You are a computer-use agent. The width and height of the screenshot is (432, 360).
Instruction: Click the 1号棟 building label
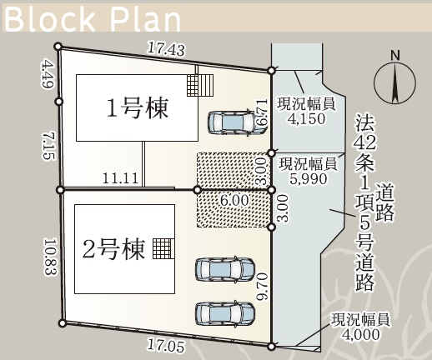tap(138, 108)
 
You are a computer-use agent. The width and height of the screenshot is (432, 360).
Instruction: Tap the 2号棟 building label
tap(114, 249)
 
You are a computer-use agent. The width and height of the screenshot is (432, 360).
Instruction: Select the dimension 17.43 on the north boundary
tap(166, 49)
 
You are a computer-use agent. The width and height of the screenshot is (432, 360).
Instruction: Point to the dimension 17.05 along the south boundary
tap(166, 345)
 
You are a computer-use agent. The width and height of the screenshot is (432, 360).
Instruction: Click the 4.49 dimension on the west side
tap(48, 75)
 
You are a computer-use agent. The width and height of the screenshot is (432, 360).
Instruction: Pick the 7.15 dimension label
tap(48, 146)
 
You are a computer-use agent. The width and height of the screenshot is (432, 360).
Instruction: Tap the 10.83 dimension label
tap(50, 256)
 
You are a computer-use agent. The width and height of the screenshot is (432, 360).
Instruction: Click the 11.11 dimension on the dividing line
tap(120, 178)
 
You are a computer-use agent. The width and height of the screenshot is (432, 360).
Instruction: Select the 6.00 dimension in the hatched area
tap(234, 200)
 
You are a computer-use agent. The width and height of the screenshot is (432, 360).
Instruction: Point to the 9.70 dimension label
tap(263, 287)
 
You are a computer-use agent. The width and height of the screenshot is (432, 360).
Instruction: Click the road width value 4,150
tap(307, 118)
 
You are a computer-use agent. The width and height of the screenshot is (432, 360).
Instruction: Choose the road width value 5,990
tap(308, 179)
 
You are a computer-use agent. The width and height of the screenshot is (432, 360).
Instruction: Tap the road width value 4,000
tap(360, 334)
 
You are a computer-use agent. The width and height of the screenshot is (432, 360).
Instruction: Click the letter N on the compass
tap(395, 56)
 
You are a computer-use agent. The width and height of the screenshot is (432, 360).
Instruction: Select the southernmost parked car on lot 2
tap(225, 313)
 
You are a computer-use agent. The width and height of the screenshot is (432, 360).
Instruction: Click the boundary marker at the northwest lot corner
tap(58, 47)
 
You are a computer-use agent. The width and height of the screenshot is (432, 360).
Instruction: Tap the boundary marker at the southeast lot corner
tap(271, 347)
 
